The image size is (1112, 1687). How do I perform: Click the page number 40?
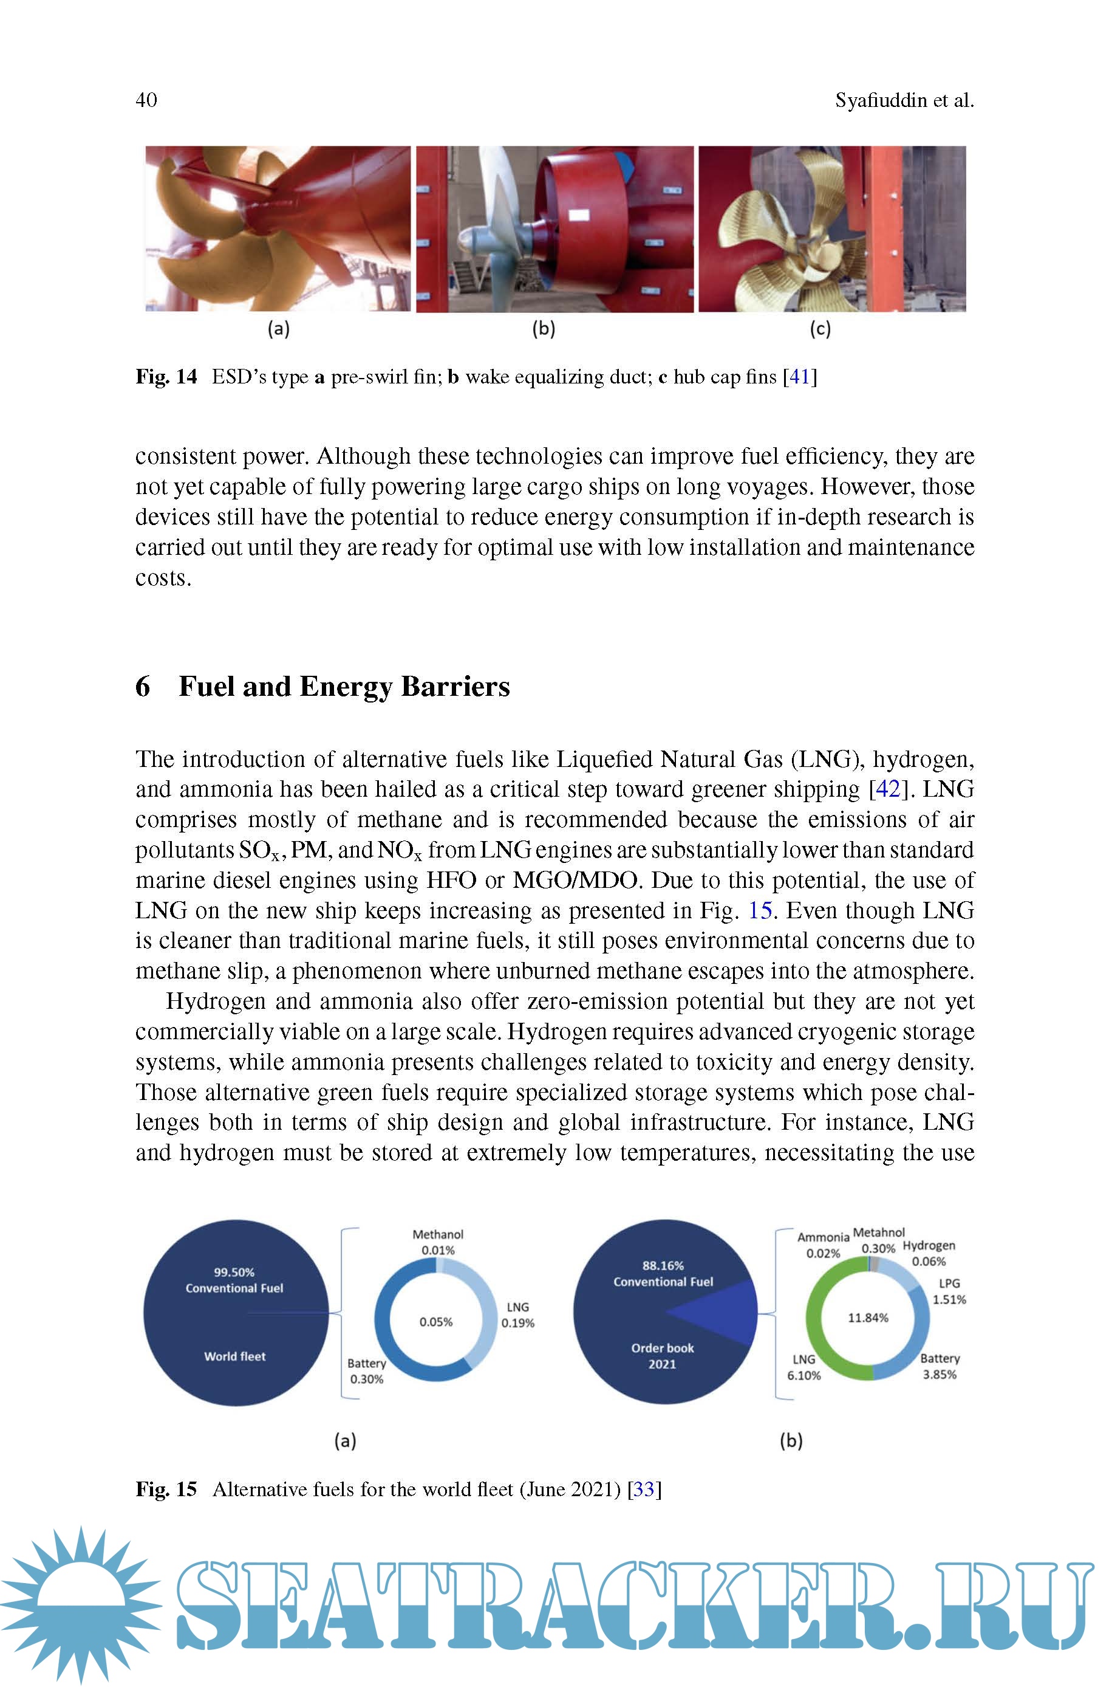point(146,100)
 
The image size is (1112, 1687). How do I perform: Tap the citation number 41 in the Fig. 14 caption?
point(799,377)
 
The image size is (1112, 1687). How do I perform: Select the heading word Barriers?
point(455,687)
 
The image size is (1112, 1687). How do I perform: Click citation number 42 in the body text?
point(889,789)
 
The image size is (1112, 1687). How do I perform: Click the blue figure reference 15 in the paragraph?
point(760,910)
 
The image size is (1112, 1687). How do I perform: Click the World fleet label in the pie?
point(235,1356)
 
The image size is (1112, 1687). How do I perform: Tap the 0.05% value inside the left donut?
point(435,1322)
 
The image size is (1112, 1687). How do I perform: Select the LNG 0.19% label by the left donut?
point(517,1314)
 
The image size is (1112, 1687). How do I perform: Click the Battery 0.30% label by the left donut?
point(367,1370)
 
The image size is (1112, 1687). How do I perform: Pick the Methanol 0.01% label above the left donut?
point(437,1242)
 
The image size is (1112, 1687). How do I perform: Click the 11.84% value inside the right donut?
point(868,1318)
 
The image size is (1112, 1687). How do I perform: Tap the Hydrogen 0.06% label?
point(929,1253)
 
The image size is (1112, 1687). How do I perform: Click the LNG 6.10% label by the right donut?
point(803,1367)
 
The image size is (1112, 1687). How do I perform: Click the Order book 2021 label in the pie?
point(663,1356)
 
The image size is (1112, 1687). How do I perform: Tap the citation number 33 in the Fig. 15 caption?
point(643,1489)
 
